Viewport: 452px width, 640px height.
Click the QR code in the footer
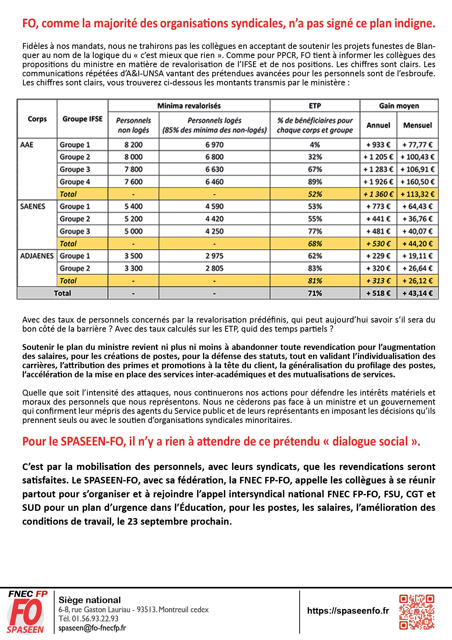[417, 612]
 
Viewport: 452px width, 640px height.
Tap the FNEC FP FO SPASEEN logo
[26, 612]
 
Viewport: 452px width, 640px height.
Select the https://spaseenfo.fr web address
[348, 611]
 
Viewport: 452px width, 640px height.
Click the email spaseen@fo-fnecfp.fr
[92, 628]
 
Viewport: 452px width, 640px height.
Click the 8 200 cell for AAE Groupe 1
[133, 144]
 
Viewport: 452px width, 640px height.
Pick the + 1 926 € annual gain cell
[378, 182]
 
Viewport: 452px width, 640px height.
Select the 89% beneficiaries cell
[315, 182]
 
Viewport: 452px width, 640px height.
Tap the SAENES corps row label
[33, 207]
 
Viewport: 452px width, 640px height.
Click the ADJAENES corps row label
[37, 256]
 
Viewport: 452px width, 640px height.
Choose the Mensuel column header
[417, 125]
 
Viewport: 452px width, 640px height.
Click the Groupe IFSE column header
[82, 119]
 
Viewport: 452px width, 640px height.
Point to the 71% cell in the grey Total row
[315, 293]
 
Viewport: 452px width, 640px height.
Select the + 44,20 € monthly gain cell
[417, 243]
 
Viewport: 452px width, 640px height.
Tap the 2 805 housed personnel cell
[214, 268]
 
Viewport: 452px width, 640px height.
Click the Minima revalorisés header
[189, 106]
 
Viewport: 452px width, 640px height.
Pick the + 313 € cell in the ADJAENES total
[378, 281]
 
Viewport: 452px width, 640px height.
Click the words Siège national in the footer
[90, 600]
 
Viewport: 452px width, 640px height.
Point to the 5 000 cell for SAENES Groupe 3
[133, 231]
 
